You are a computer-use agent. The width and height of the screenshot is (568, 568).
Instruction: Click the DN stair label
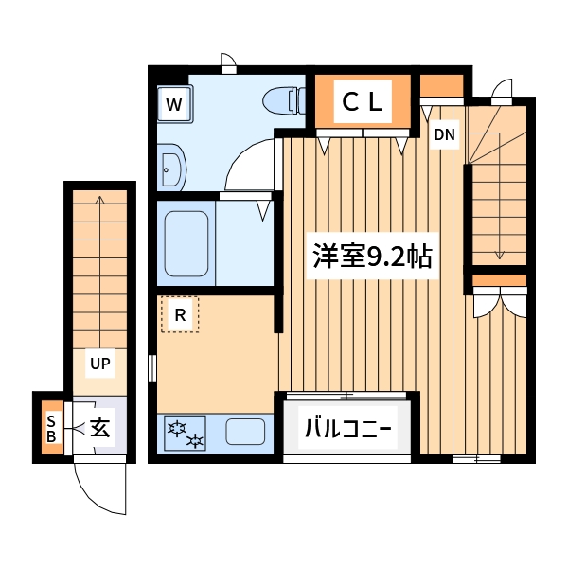click(444, 135)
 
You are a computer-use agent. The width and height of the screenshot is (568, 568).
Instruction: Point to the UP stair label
click(99, 362)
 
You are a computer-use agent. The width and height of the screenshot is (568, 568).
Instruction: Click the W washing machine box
click(174, 105)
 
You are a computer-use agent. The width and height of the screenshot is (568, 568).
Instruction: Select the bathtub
click(186, 242)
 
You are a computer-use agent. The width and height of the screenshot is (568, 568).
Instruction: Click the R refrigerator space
click(179, 314)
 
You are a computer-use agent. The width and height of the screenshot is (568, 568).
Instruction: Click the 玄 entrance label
click(99, 429)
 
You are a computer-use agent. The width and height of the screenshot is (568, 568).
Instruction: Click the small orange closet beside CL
click(441, 86)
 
